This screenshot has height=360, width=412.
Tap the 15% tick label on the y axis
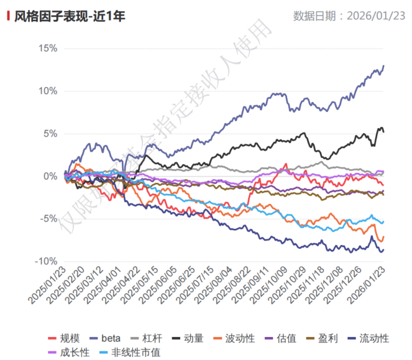point(47,48)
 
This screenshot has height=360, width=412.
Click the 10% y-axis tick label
point(47,91)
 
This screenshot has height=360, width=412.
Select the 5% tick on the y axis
point(50,133)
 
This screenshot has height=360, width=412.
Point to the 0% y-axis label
point(50,176)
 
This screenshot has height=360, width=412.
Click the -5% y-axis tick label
point(48,219)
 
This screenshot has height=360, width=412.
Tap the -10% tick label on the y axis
point(46,261)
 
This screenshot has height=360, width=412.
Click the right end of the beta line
point(383,65)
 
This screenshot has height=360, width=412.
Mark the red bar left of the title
point(7,16)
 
